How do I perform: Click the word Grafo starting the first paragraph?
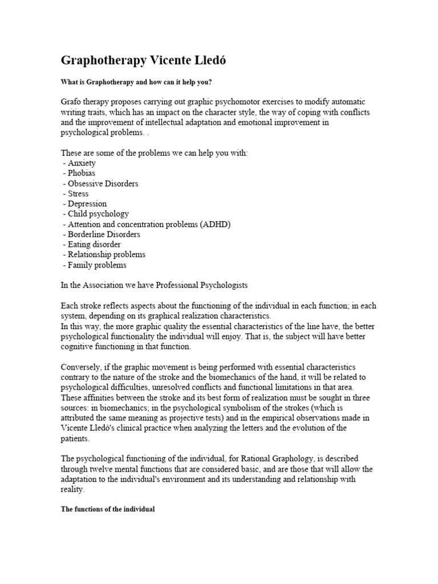click(x=72, y=102)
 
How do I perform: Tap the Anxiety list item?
click(x=82, y=163)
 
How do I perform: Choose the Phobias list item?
click(x=82, y=173)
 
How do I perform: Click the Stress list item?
click(x=78, y=194)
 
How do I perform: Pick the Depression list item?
click(x=87, y=204)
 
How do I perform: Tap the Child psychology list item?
click(x=98, y=214)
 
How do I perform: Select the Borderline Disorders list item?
click(x=104, y=234)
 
